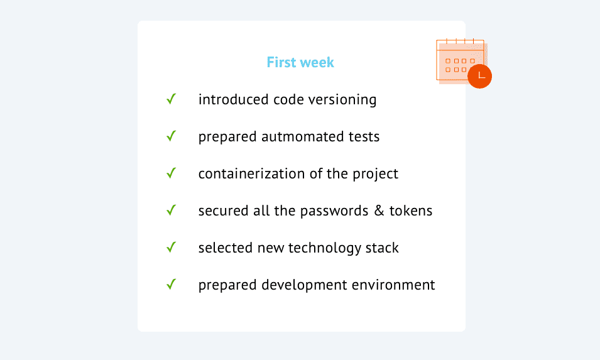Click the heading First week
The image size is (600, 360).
(x=300, y=62)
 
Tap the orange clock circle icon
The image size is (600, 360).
(x=479, y=76)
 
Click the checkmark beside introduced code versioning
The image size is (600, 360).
(x=171, y=99)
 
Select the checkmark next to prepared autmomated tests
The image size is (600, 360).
(x=171, y=136)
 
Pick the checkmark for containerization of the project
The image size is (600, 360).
(x=171, y=173)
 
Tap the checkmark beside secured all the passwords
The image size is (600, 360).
(x=171, y=210)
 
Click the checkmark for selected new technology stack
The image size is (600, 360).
(x=171, y=248)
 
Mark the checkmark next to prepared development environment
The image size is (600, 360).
(x=171, y=285)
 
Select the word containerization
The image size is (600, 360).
(x=251, y=173)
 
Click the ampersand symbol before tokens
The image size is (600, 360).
(x=379, y=210)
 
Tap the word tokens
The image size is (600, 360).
(x=411, y=210)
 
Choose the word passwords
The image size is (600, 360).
(x=334, y=211)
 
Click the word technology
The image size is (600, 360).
(x=324, y=249)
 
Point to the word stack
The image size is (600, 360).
(x=382, y=248)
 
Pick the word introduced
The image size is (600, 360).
(x=234, y=99)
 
